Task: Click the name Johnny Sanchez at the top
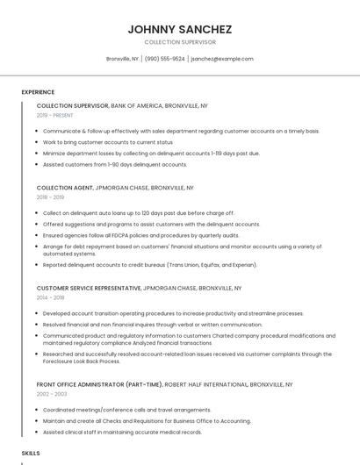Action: [x=179, y=30]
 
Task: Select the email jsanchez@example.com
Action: [x=222, y=59]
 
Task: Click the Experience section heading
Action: [x=38, y=92]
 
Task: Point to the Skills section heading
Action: [x=31, y=453]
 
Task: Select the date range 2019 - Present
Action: [x=54, y=115]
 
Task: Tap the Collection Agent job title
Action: [x=65, y=188]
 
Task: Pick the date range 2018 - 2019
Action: [x=51, y=197]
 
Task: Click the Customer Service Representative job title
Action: [x=88, y=288]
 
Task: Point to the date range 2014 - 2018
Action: [x=51, y=298]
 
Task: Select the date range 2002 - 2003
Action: [x=52, y=395]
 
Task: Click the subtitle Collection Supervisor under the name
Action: [x=179, y=42]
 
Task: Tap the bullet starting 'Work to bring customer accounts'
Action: [x=107, y=142]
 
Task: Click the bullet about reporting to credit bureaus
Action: [x=149, y=264]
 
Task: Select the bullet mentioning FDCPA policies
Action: [x=140, y=235]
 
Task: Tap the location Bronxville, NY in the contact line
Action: [x=122, y=59]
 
